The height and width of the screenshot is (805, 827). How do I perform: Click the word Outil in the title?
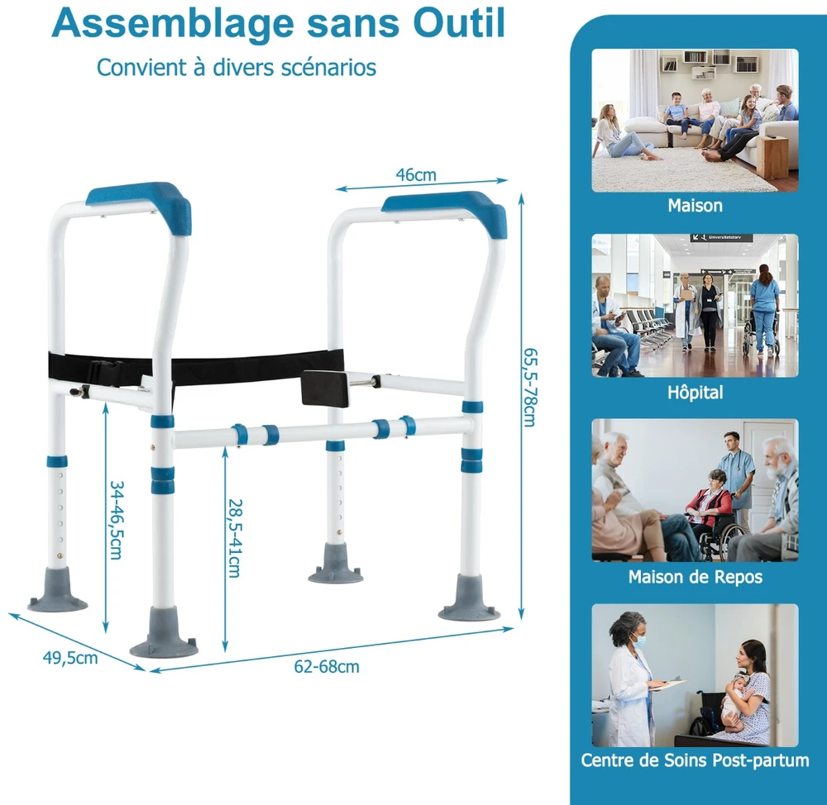pyautogui.click(x=459, y=22)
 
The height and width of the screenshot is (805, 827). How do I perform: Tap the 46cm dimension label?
pyautogui.click(x=416, y=174)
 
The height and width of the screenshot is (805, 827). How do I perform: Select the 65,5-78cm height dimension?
pyautogui.click(x=529, y=388)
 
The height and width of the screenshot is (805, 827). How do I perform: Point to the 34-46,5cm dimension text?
pyautogui.click(x=116, y=520)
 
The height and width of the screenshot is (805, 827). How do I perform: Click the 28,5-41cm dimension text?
pyautogui.click(x=235, y=538)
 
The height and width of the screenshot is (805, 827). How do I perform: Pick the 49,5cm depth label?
pyautogui.click(x=70, y=658)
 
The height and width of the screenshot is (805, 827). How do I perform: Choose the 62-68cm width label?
pyautogui.click(x=327, y=667)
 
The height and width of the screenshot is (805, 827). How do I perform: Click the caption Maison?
pyautogui.click(x=696, y=205)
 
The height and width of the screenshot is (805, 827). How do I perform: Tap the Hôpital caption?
pyautogui.click(x=696, y=393)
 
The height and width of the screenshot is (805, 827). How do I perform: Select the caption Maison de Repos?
pyautogui.click(x=696, y=577)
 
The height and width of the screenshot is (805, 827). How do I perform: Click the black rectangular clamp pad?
pyautogui.click(x=325, y=388)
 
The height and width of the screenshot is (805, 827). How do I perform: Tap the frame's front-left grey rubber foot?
pyautogui.click(x=164, y=634)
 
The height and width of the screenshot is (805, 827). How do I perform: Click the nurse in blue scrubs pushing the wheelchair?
pyautogui.click(x=763, y=308)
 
